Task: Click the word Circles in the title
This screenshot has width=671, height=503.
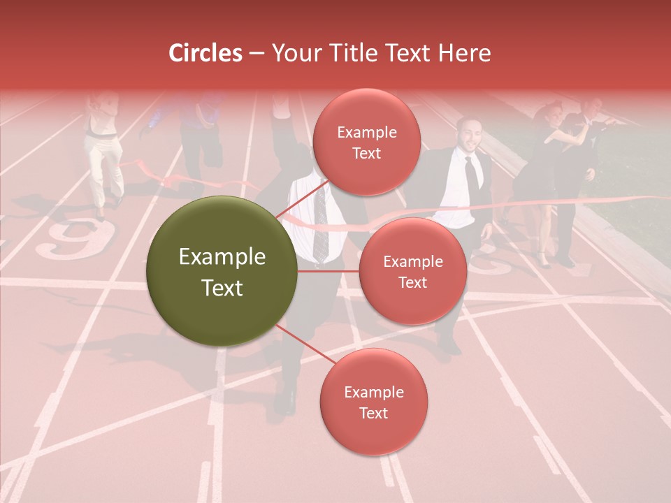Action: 205,53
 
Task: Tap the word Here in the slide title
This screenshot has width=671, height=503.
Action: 464,53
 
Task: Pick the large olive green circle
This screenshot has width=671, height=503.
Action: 222,272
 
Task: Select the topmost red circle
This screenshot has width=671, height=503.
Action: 366,143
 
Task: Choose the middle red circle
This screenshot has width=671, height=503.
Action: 412,271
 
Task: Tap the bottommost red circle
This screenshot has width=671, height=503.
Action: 373,402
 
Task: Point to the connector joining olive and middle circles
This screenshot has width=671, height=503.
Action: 328,271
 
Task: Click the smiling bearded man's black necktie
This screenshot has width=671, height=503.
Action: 472,175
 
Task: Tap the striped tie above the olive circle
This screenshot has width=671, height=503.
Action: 319,224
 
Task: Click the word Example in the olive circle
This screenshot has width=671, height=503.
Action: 222,257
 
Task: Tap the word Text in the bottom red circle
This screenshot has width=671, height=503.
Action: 373,413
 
